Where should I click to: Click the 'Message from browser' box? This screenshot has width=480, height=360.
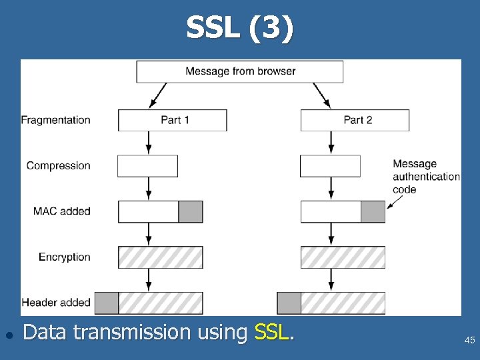coord(240,71)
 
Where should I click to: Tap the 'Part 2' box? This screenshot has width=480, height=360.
coord(355,120)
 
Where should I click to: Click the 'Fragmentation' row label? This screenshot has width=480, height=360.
coord(56,120)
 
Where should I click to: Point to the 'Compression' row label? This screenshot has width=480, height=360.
coord(59,165)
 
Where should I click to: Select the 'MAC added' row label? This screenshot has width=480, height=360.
coord(62,211)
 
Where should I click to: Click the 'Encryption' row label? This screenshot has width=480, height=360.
coord(65,257)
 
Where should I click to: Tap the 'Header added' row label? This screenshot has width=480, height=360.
coord(56,303)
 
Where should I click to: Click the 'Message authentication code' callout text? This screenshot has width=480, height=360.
coord(425,177)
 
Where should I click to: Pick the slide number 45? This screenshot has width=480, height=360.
coord(469,341)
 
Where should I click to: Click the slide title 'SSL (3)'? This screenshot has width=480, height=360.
coord(239,29)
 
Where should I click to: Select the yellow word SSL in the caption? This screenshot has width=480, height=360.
coord(272,331)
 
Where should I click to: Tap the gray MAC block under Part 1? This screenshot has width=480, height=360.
coord(191,211)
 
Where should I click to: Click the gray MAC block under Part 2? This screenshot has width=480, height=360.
coord(373,211)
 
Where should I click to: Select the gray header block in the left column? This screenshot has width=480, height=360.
coord(107,303)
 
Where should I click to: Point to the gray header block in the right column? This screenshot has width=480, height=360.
coord(289,303)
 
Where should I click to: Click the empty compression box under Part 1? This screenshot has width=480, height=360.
coord(147,166)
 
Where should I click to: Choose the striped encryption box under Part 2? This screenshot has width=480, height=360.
coord(343,257)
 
